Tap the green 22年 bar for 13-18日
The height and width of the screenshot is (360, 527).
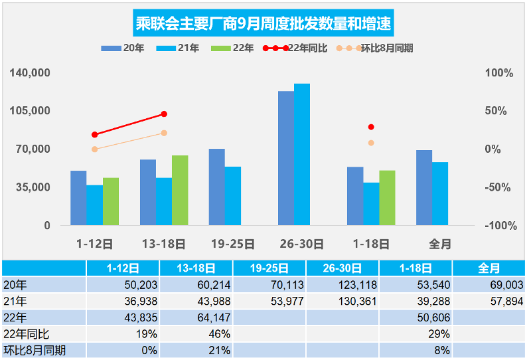[180, 191]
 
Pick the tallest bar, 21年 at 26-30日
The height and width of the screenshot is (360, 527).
[302, 155]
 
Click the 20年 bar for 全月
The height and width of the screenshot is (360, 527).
[424, 188]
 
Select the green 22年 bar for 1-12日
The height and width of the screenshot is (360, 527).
[111, 201]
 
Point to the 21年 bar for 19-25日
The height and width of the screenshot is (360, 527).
[233, 196]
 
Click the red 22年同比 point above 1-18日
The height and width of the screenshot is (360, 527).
[371, 127]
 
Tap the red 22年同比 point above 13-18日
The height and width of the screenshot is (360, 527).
[164, 114]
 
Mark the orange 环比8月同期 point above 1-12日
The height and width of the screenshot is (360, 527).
[95, 149]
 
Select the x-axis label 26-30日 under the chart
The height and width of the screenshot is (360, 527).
[302, 244]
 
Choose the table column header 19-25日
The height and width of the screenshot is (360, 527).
[269, 268]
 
